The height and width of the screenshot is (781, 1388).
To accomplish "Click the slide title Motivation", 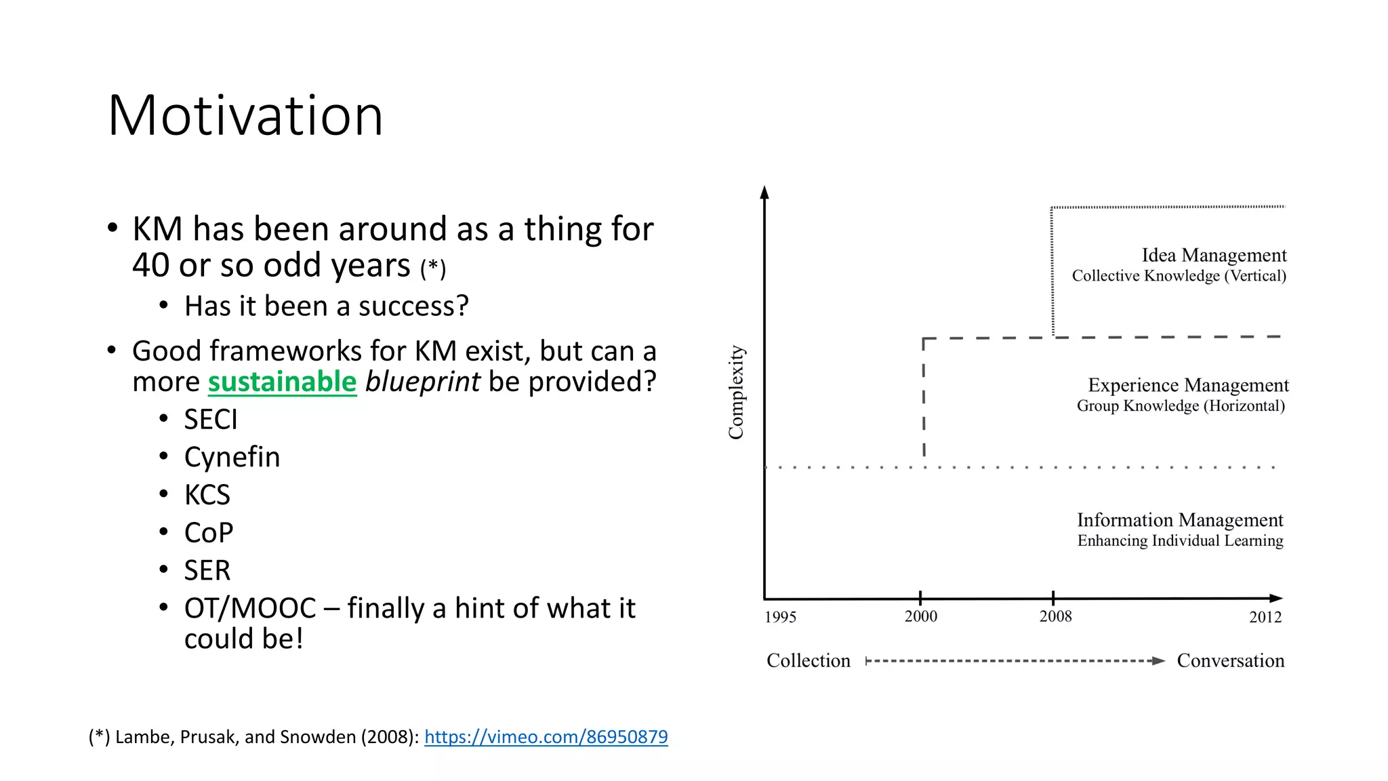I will tap(245, 115).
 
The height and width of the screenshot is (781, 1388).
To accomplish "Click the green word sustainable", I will tap(282, 382).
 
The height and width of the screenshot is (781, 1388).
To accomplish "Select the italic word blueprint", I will tap(422, 382).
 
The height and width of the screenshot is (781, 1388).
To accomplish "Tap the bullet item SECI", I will tap(211, 420).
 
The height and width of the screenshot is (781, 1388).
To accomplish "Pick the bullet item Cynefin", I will tap(232, 458).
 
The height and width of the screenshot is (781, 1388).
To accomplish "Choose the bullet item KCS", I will tap(207, 495).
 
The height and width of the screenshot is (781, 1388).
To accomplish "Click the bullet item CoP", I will tap(209, 533).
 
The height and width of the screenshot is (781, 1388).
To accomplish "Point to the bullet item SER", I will tap(207, 570).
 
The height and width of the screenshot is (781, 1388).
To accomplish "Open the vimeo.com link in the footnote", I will tap(546, 737).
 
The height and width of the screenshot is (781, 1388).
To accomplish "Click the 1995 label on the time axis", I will tap(780, 617).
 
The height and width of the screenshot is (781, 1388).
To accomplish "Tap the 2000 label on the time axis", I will tap(921, 616).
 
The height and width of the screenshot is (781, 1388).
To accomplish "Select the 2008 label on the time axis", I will tap(1055, 616).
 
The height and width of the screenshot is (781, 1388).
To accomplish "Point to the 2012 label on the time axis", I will tap(1265, 617).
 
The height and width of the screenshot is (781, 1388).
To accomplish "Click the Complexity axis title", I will tap(736, 392).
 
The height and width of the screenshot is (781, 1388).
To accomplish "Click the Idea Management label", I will tap(1213, 256).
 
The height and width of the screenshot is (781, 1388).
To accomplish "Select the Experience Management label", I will tap(1188, 385).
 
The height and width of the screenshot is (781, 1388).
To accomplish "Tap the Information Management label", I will tap(1180, 520).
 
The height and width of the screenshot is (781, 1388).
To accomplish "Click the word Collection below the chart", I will tap(808, 660).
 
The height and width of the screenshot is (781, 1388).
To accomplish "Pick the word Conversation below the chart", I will tap(1230, 660).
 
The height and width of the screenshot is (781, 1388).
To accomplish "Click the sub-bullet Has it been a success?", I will tap(326, 306).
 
